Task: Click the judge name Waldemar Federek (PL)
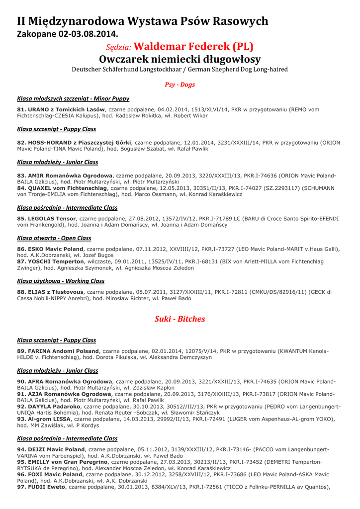(x=194, y=47)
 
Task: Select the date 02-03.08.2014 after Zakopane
(x=89, y=34)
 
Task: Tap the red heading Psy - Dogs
(x=180, y=85)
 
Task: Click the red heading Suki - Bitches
(x=180, y=319)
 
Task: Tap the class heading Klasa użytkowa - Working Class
(x=61, y=281)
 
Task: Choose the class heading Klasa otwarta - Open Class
(x=54, y=238)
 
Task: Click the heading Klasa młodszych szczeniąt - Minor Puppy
(x=73, y=98)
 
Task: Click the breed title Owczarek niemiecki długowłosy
(x=180, y=59)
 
